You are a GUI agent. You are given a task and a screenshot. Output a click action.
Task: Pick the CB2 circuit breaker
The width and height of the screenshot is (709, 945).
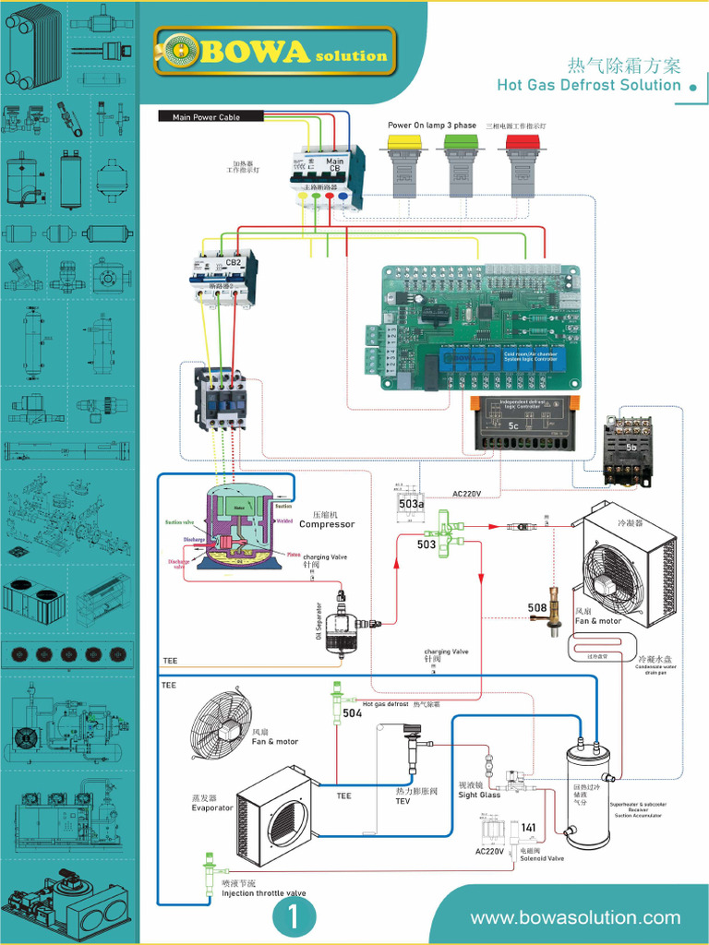coord(224,275)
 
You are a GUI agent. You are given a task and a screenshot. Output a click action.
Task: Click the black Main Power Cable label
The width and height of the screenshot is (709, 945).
coord(206,117)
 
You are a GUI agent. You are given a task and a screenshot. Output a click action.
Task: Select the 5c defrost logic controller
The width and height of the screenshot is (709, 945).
coord(524,423)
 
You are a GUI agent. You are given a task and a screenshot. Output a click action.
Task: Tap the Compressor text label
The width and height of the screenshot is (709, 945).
coord(327,524)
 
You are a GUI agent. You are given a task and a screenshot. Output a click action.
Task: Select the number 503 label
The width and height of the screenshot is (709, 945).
coord(426,545)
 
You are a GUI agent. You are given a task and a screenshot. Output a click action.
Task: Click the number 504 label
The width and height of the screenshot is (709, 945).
coord(352,713)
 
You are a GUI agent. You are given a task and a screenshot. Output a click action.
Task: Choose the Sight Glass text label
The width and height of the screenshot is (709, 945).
coord(479,795)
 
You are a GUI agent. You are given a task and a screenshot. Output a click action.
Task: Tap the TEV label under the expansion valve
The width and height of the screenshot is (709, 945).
coord(403,801)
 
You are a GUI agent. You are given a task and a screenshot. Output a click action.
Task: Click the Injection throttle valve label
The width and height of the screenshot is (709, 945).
coord(264,893)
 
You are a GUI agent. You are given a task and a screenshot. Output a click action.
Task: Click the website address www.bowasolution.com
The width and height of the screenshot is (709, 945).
coord(575,917)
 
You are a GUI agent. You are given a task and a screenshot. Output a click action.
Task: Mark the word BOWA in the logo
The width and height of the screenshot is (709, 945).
coord(256,53)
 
